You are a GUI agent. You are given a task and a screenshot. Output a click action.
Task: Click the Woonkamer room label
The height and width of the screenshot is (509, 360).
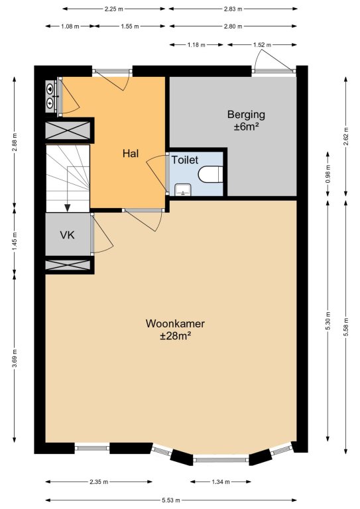[175, 323]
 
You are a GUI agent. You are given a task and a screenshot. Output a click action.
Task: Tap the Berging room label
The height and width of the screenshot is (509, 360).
[246, 115]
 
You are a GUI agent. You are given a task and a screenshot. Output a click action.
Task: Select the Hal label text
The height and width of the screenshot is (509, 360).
[131, 153]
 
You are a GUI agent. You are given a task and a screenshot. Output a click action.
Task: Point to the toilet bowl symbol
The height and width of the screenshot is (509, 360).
[210, 174]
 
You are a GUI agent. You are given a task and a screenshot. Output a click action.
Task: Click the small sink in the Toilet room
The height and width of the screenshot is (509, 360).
[183, 190]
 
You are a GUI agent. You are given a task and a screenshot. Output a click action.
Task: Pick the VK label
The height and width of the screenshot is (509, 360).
[67, 235]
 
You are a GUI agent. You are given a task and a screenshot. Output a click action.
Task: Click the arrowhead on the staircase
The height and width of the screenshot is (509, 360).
[68, 207]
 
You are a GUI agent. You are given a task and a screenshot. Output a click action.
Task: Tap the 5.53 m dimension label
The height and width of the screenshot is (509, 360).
[171, 500]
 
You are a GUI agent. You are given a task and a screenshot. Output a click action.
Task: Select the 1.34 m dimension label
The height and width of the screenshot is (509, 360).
[221, 482]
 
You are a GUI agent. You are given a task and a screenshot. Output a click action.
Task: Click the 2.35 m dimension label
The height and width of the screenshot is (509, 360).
[99, 482]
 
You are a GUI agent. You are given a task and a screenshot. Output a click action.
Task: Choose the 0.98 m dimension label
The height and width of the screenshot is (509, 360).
[328, 174]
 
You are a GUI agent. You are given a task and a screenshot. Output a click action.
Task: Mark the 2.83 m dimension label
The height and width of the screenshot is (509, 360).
[233, 9]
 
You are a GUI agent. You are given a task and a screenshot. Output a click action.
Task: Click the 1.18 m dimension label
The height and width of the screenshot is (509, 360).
[196, 45]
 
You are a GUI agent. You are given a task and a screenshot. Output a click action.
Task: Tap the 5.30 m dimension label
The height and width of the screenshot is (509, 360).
[328, 321]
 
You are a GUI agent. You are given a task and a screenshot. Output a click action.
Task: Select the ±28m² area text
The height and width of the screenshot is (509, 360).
[175, 336]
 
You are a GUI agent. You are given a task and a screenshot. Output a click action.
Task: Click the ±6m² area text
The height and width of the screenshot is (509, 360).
[246, 127]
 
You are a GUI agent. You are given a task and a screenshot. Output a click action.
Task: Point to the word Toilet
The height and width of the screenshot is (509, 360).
[185, 160]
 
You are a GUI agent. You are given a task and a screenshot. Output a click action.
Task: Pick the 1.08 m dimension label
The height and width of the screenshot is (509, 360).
[70, 27]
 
